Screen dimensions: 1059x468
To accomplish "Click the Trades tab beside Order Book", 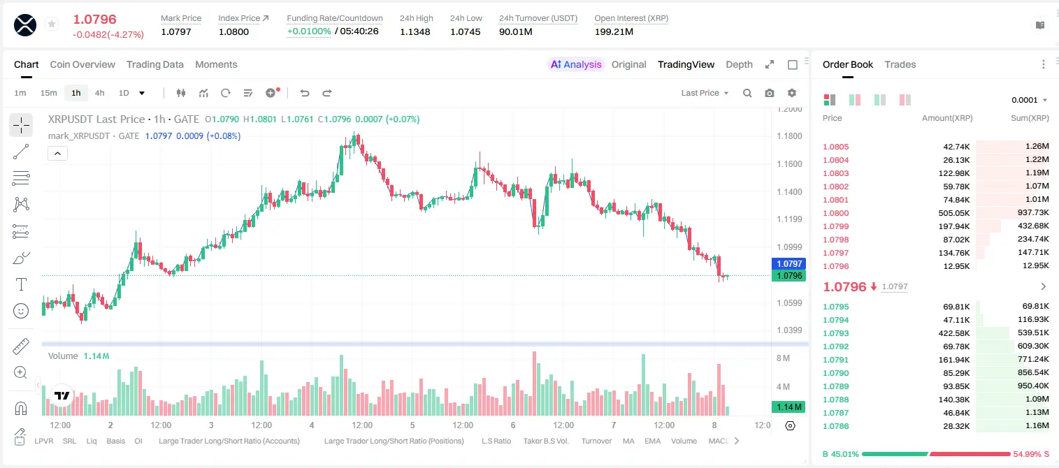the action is click(x=900, y=64).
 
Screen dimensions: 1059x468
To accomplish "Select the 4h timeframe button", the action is click(x=99, y=93).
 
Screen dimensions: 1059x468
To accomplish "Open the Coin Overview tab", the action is click(x=82, y=64).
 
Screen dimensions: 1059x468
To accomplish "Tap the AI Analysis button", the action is click(x=575, y=64).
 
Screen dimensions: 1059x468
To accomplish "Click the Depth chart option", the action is click(x=739, y=64).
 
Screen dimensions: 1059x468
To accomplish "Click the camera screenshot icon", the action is click(x=770, y=93).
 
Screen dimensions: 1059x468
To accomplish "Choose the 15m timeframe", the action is click(x=49, y=93).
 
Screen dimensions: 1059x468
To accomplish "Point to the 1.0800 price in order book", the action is click(x=836, y=213).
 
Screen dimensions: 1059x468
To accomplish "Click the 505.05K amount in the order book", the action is click(x=953, y=213).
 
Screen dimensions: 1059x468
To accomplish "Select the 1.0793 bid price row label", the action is click(x=836, y=333).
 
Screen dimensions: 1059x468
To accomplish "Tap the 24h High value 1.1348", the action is click(x=415, y=31).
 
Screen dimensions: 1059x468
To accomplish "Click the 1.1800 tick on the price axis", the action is click(x=789, y=136).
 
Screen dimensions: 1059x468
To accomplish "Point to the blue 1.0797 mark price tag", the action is click(x=789, y=263).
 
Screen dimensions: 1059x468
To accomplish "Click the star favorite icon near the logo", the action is click(x=52, y=24).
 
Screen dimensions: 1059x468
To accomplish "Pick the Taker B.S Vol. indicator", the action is click(x=545, y=441).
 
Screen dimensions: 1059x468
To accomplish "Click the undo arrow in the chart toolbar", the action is click(x=305, y=93).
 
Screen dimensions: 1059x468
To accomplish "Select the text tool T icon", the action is click(x=21, y=284).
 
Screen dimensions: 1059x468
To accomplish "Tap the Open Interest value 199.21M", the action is click(x=614, y=31).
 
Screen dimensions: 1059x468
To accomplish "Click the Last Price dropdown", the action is click(x=705, y=93).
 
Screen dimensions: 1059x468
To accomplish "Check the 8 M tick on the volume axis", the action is click(x=783, y=358).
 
